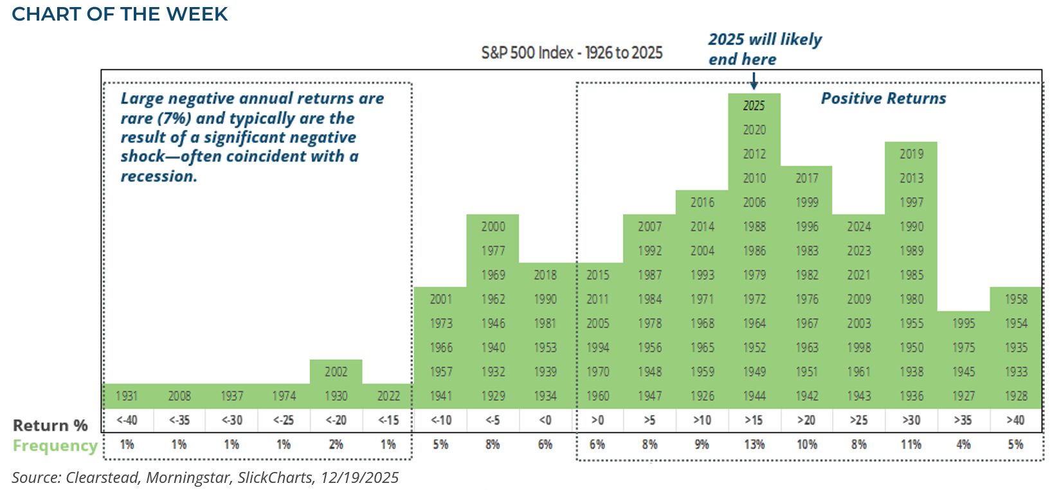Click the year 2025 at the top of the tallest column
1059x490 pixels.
click(x=754, y=105)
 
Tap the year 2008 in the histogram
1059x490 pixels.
click(x=179, y=396)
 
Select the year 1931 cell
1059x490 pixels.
click(x=127, y=396)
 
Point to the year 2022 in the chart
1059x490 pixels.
click(x=388, y=396)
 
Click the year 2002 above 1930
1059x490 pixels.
click(x=336, y=372)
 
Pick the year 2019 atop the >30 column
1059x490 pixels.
click(x=911, y=154)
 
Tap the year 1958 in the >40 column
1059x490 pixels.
click(x=1016, y=299)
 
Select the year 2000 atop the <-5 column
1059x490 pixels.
click(x=493, y=226)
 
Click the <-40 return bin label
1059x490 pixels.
click(x=127, y=421)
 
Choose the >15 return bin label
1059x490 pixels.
click(x=754, y=421)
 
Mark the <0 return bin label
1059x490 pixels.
click(x=545, y=421)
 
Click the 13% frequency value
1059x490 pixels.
click(x=754, y=444)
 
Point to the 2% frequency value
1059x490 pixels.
click(x=336, y=444)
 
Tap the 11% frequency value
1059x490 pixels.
click(x=911, y=444)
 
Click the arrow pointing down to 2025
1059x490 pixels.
click(x=754, y=81)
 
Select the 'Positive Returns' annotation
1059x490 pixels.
click(x=883, y=98)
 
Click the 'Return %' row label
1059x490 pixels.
click(x=50, y=426)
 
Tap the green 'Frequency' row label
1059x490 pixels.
click(x=55, y=446)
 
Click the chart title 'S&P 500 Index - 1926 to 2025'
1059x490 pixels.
click(x=572, y=53)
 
